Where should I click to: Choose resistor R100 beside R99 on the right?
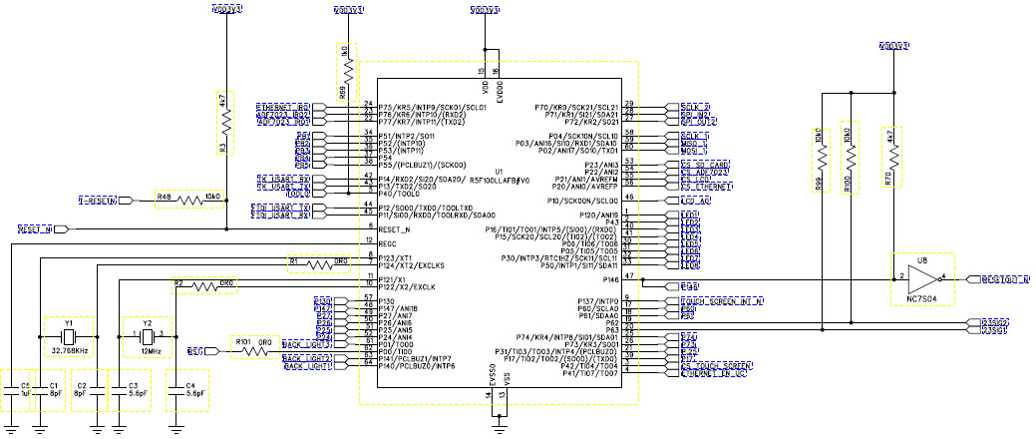tap(847, 158)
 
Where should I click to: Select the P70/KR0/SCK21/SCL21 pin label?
tap(577, 106)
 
